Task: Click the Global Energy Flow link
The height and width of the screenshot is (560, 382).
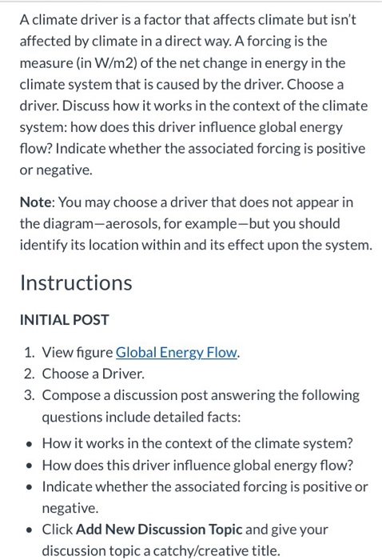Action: (177, 353)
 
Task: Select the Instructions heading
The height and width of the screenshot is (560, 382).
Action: (76, 282)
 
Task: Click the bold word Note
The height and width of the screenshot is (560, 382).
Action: (37, 180)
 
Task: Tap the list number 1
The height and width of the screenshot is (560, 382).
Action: (30, 353)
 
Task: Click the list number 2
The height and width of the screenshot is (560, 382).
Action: (30, 374)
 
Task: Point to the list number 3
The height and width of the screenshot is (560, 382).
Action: (30, 395)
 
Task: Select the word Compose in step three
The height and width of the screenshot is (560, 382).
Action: (71, 395)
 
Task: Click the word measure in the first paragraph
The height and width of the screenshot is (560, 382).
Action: (47, 62)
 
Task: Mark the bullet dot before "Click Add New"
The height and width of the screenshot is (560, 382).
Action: (29, 530)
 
